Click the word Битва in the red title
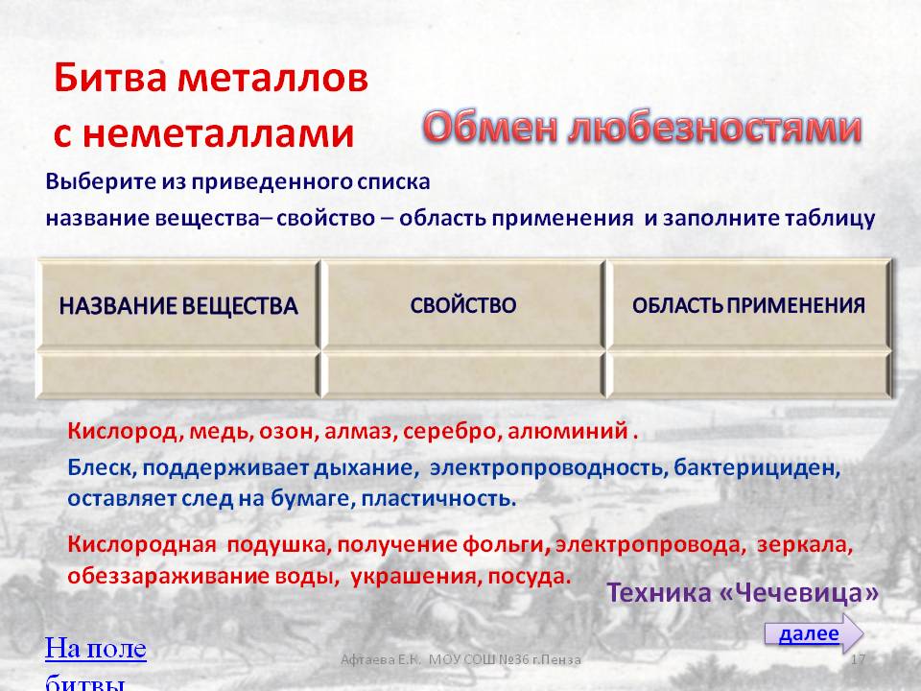click(x=109, y=78)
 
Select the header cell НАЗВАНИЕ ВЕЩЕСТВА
click(x=178, y=304)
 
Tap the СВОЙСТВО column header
click(x=463, y=304)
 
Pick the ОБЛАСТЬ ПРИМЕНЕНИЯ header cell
click(x=749, y=304)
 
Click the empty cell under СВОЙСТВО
click(x=463, y=374)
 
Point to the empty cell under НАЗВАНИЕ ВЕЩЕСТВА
click(x=178, y=374)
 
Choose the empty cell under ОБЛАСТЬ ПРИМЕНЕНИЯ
click(x=749, y=374)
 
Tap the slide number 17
click(x=858, y=659)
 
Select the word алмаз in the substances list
click(x=360, y=431)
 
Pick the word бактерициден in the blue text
click(x=757, y=468)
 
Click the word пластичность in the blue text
click(x=438, y=499)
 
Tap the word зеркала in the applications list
click(x=804, y=545)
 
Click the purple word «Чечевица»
click(x=799, y=593)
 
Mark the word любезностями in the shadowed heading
click(x=714, y=128)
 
